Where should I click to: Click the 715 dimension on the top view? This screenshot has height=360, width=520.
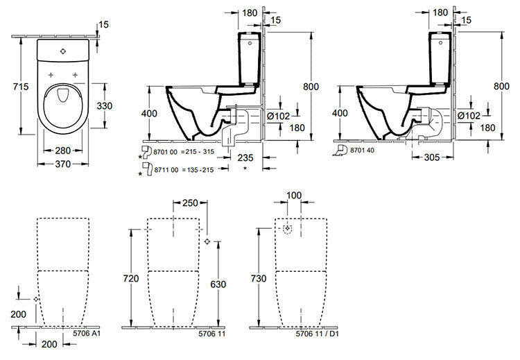(x=21, y=87)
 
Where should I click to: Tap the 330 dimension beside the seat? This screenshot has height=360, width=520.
(x=105, y=106)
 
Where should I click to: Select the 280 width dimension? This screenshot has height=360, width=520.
(x=63, y=151)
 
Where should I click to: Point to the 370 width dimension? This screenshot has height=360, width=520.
(x=63, y=164)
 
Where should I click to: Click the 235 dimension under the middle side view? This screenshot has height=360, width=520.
(x=245, y=157)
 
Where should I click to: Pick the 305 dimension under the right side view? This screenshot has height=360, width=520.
(x=432, y=157)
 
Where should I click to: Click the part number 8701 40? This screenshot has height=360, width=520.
(x=362, y=151)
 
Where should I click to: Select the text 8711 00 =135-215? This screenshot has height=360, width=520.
(x=184, y=170)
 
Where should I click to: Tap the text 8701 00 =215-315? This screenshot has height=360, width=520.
(x=184, y=152)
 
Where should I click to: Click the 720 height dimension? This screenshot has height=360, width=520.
(x=131, y=278)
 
